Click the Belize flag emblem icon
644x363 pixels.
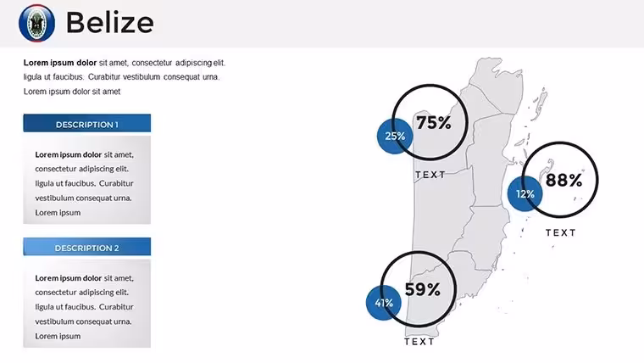[36, 23]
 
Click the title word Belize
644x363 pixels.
[109, 22]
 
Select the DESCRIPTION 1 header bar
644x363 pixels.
[86, 123]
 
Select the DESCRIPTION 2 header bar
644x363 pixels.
[86, 247]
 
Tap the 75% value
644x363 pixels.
[434, 122]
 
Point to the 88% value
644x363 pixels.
[563, 180]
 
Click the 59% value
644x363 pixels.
[422, 289]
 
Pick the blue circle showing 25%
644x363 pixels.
[395, 136]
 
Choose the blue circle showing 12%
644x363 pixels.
[525, 193]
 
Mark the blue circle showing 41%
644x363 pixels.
[384, 303]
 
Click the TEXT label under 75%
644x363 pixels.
[430, 175]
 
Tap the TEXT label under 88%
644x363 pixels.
[561, 232]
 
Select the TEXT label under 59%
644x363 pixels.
[419, 342]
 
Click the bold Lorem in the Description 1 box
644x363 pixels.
[46, 154]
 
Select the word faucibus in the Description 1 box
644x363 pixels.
[80, 183]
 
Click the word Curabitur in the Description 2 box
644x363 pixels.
[116, 307]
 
